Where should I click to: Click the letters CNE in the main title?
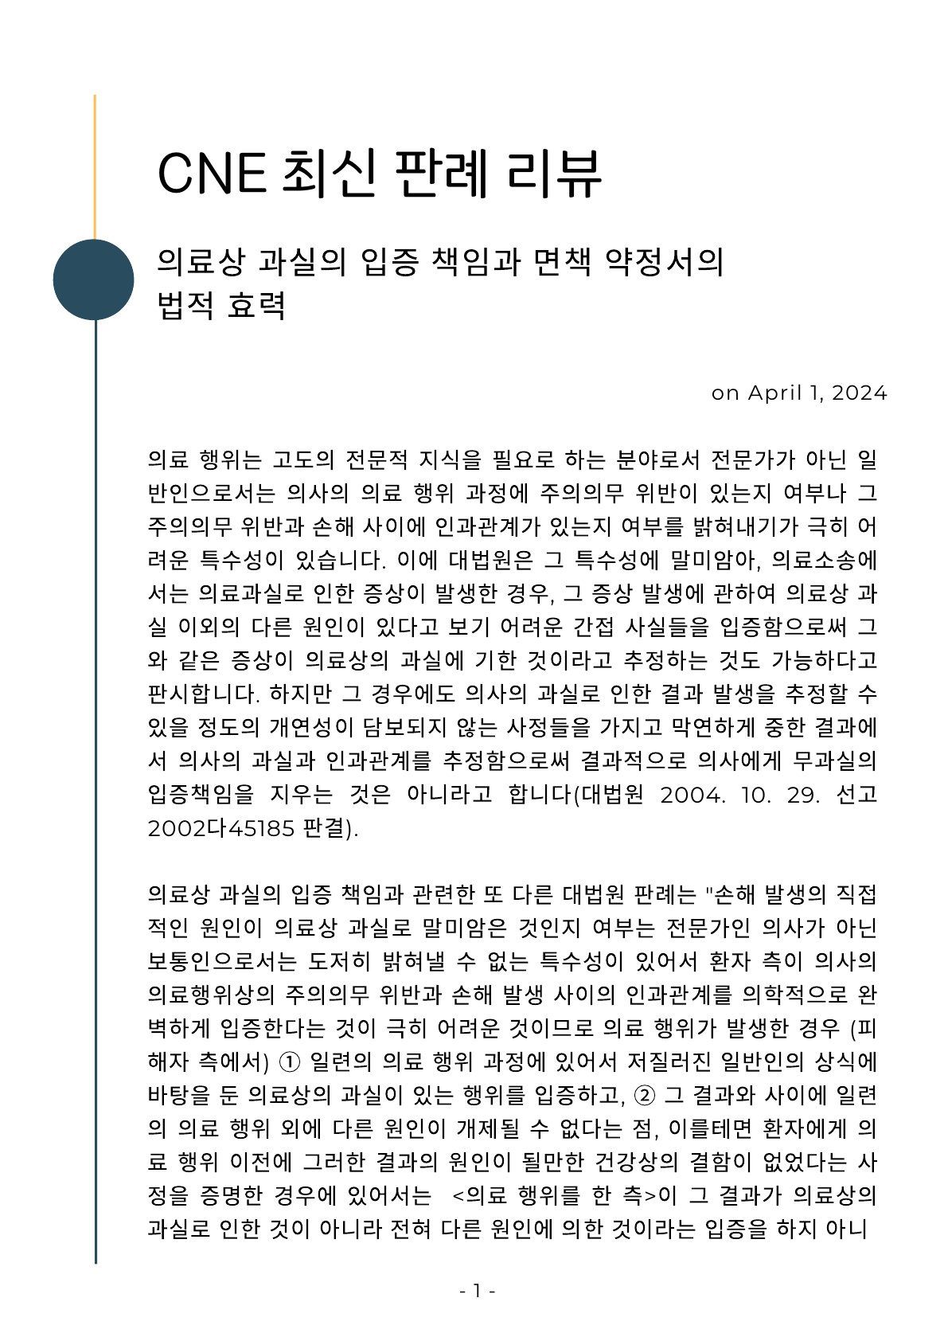tap(212, 173)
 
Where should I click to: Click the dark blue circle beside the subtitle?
tap(94, 280)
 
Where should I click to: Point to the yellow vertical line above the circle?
tap(95, 167)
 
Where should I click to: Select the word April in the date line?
tap(775, 393)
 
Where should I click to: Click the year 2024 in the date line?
tap(859, 393)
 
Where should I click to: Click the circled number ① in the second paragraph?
tap(291, 1062)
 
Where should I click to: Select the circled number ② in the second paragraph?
tap(644, 1096)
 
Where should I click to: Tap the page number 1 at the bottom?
tap(477, 1291)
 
